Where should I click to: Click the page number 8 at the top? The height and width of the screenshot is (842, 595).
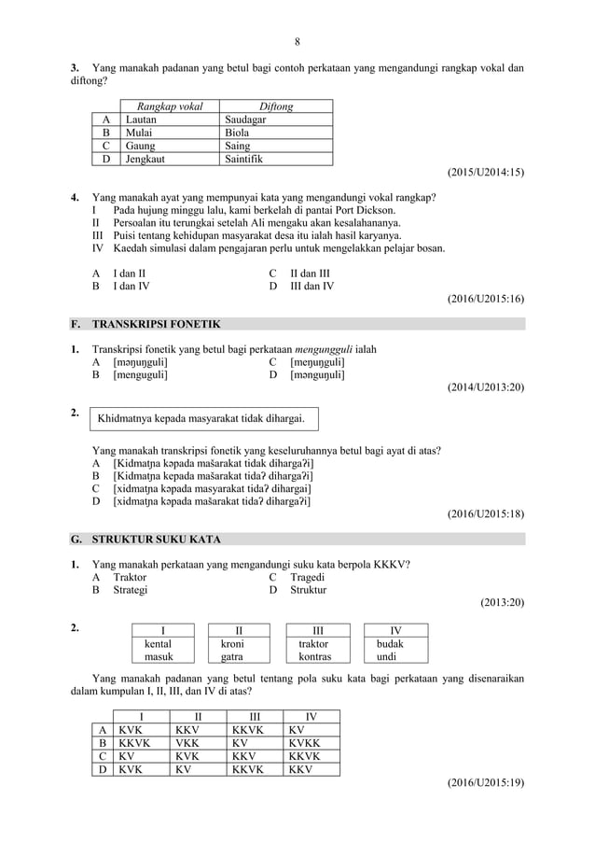(297, 41)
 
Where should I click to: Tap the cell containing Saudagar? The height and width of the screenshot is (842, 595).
(245, 119)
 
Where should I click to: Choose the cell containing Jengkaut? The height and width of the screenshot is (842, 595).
(148, 159)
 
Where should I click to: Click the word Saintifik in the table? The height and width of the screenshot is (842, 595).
(244, 159)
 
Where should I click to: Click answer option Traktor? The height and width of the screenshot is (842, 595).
(130, 577)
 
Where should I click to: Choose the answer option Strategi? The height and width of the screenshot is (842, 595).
(131, 590)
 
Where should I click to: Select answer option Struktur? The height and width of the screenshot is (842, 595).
(309, 590)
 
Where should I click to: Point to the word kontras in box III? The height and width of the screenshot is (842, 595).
(314, 657)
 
